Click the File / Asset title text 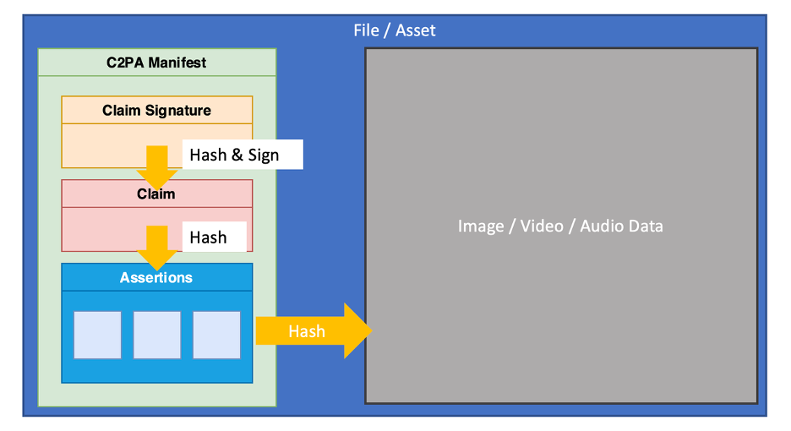click(x=395, y=30)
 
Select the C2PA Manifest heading click(x=156, y=63)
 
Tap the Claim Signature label click(x=156, y=111)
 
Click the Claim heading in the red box click(x=156, y=194)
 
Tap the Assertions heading click(x=156, y=277)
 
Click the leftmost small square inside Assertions click(x=97, y=335)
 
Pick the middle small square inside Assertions click(x=157, y=335)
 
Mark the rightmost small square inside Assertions click(x=216, y=335)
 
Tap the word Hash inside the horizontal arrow click(x=306, y=331)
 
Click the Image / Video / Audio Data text click(x=560, y=226)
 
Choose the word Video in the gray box click(x=542, y=226)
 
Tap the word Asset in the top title click(x=416, y=30)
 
